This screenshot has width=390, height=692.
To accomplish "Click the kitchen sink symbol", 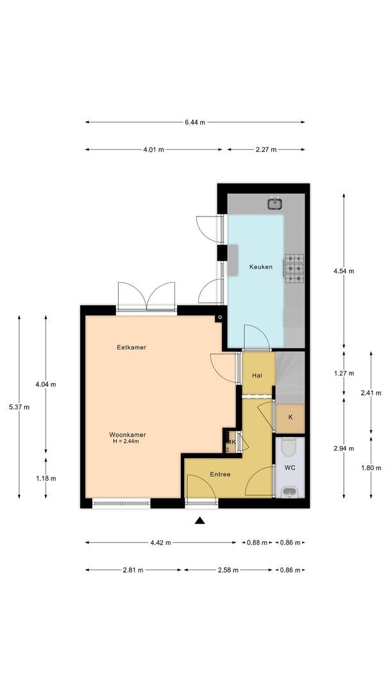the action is pos(275,204).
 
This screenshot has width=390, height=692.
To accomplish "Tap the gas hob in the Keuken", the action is pos(294,268).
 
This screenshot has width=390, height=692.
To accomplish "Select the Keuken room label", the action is pos(260,267).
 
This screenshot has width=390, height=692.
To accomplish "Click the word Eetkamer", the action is pos(131,347).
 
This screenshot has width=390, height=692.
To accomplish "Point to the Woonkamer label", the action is pos(128,434).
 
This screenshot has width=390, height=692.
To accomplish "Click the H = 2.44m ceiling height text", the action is pos(126,441).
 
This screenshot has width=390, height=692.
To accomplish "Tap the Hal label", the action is pos(257,375).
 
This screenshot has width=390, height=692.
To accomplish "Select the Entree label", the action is pos(220,474).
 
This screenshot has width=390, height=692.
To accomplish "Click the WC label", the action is pos(290,467).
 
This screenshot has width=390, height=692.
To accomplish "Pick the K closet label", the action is pos(290,417).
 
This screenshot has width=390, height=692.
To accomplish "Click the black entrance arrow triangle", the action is pos(199,520).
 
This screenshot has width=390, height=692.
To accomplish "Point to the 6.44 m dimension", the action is pos(195,122).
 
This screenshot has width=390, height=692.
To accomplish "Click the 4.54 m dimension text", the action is pos(344,271).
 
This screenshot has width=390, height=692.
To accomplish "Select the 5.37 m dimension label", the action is pos(19,407).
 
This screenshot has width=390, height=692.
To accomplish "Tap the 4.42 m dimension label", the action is pos(160,543).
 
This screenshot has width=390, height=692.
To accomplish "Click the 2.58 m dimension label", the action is pos(228,570).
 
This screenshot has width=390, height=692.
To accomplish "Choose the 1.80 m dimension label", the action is pos(371,468).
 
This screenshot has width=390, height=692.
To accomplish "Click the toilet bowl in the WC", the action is pos(289,447).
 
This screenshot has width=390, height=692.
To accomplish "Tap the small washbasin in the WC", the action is pos(289,492).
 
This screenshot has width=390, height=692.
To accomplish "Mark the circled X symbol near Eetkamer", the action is pos(220,317).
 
